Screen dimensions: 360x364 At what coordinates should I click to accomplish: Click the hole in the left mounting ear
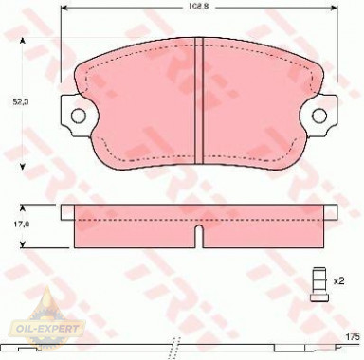(x=79, y=117)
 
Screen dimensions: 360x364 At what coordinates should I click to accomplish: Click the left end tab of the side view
(x=67, y=211)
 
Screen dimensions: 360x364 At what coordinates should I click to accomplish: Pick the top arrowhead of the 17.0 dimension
(x=40, y=207)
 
